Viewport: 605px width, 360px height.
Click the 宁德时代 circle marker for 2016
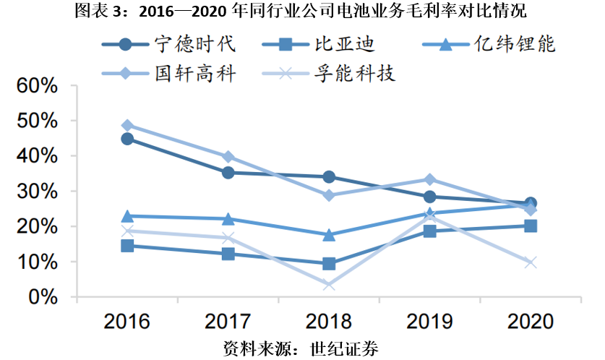[x=127, y=139]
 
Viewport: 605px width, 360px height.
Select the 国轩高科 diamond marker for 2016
[x=127, y=125]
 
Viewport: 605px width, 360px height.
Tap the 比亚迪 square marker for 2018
[x=329, y=264]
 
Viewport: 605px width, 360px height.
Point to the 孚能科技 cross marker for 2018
[x=329, y=285]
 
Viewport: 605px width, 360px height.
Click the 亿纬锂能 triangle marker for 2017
[x=228, y=218]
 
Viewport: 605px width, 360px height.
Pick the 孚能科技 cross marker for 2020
[x=531, y=262]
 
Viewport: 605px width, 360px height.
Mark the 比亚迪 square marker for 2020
[x=531, y=226]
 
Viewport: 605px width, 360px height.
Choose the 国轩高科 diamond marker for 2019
[x=429, y=179]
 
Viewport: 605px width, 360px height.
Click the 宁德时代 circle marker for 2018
[x=329, y=176]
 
